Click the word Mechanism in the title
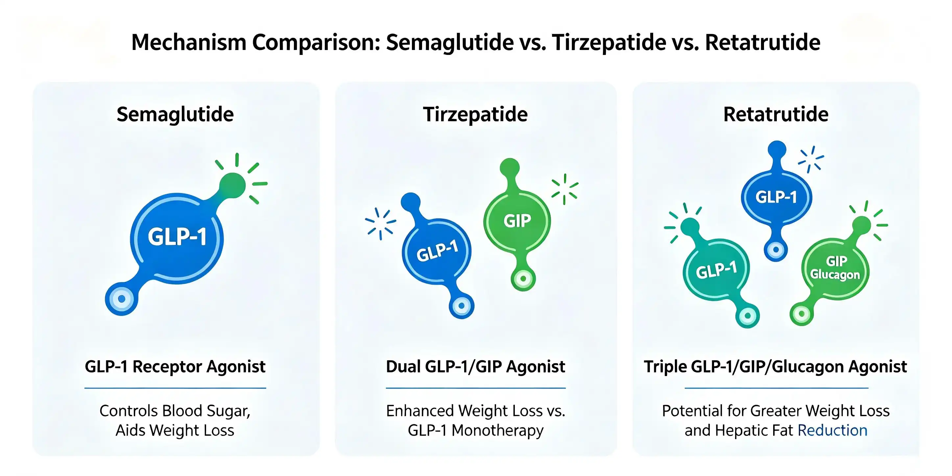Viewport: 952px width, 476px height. (x=189, y=42)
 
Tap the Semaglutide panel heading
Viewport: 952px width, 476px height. (x=175, y=114)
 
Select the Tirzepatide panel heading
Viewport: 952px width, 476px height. (x=475, y=114)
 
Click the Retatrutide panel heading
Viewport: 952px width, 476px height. (x=776, y=114)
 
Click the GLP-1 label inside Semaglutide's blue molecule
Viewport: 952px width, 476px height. (x=177, y=237)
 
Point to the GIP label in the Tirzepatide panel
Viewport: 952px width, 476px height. (x=517, y=221)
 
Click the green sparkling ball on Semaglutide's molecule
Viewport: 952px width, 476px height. (x=232, y=185)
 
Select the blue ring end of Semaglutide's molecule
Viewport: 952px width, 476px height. (x=122, y=298)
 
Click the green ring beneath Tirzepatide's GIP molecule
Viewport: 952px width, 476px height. (x=523, y=279)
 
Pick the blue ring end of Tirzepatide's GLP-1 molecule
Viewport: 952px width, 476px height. (x=462, y=306)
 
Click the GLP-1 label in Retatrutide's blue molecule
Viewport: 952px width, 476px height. (x=776, y=197)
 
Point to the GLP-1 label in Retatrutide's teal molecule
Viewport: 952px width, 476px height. (x=716, y=270)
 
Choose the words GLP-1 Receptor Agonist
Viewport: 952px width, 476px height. (x=175, y=367)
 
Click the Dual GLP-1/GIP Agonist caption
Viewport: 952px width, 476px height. (x=476, y=367)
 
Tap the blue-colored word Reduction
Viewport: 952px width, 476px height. (x=833, y=431)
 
